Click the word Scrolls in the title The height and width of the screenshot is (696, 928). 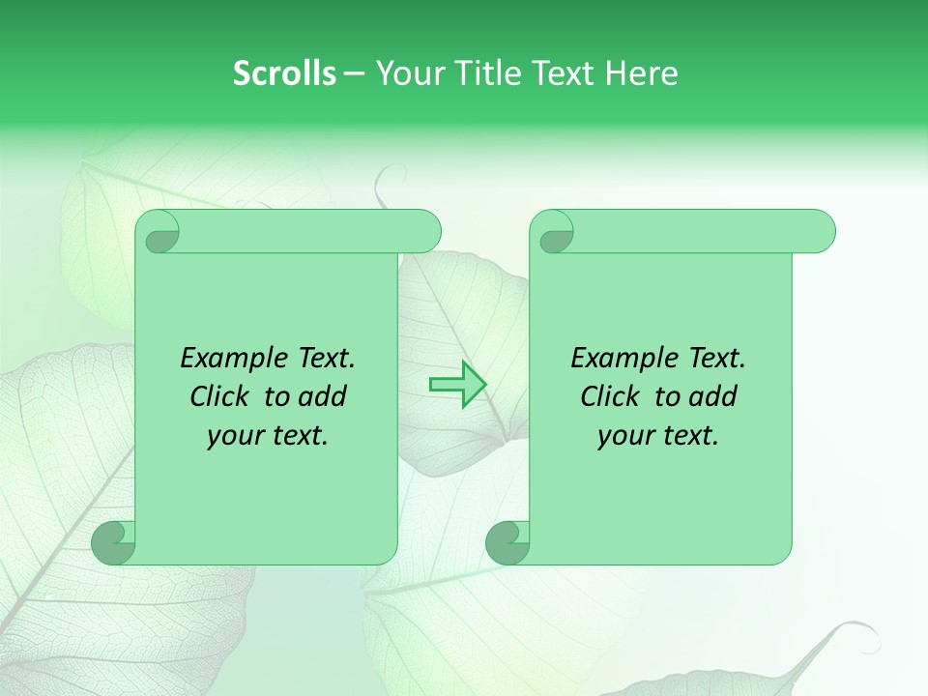284,73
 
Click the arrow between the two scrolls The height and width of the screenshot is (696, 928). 457,385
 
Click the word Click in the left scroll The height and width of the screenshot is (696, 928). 221,396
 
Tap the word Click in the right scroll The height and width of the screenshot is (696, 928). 612,396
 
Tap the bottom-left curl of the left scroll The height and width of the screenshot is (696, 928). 114,543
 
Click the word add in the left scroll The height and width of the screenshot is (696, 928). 322,396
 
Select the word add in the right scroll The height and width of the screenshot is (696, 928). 712,396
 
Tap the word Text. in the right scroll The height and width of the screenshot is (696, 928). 715,358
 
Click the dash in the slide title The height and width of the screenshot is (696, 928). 354,73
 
